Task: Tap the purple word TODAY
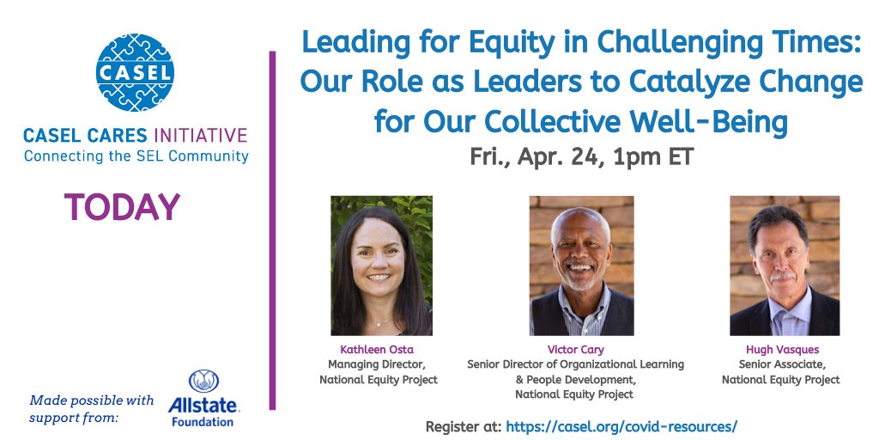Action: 121,207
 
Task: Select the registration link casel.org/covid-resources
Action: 621,425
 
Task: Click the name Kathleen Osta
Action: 378,351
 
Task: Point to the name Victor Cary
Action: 575,351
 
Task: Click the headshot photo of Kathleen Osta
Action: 381,266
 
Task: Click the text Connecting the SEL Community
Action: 136,156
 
